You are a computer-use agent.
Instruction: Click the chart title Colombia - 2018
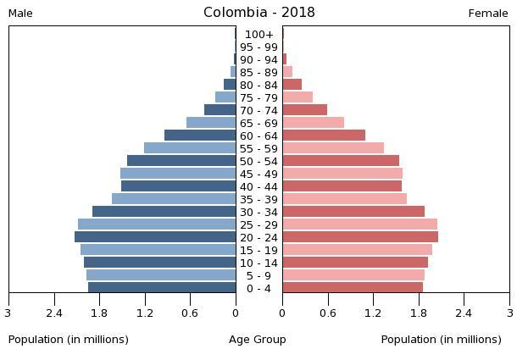[258, 13]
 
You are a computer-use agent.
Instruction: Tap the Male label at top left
[20, 14]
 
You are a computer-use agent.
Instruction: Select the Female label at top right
[488, 14]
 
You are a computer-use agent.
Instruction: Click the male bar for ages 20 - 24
[155, 237]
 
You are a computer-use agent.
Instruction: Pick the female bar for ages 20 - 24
[360, 237]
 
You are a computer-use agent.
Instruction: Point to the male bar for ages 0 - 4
[162, 288]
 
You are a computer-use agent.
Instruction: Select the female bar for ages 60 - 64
[324, 136]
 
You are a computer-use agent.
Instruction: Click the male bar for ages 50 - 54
[181, 161]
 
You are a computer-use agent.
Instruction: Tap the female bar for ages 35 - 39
[344, 199]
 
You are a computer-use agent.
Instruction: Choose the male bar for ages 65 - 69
[211, 123]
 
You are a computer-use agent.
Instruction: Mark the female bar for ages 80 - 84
[292, 85]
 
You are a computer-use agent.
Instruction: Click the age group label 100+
[258, 35]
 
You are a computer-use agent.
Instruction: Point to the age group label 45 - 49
[258, 174]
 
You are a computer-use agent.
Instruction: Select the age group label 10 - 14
[258, 263]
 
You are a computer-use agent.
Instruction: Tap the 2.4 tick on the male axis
[55, 313]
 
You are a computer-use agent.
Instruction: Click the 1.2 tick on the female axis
[373, 313]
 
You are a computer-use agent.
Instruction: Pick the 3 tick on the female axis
[509, 313]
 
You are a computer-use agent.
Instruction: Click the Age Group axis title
[258, 340]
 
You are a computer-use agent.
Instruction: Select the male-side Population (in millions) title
[69, 340]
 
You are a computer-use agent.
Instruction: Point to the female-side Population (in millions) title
[442, 340]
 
